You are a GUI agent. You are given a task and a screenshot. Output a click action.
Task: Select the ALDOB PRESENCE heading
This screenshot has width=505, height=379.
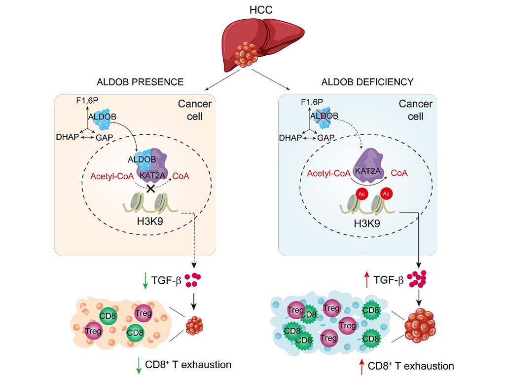coord(135,81)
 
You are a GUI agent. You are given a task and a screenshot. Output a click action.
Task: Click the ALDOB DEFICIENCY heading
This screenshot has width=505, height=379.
coord(367,81)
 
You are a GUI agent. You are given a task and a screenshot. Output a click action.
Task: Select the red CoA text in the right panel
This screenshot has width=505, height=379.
coord(399,174)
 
